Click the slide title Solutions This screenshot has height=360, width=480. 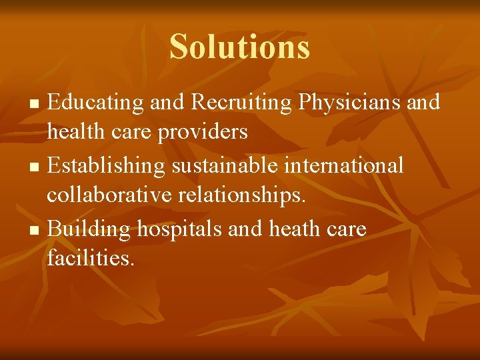tap(239, 47)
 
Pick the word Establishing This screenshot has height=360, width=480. tap(107, 164)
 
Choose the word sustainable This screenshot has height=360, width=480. tap(226, 164)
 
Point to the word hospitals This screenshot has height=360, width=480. tap(180, 229)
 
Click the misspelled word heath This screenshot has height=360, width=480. tap(291, 229)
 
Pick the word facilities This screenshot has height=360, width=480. tap(91, 258)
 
